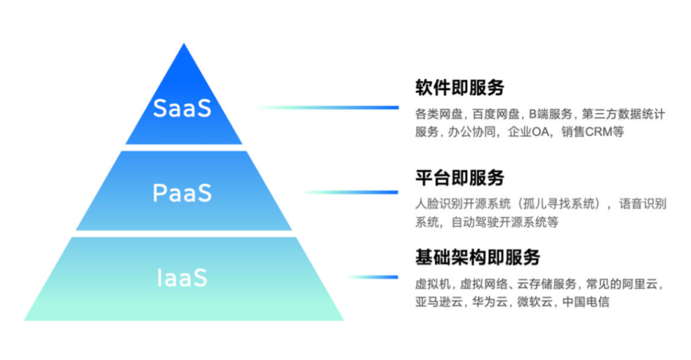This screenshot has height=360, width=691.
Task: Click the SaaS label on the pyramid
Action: point(182,108)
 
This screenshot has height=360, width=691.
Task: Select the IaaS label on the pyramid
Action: point(182,278)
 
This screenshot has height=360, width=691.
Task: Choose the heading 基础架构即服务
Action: point(477,258)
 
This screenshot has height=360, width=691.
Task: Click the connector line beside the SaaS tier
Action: point(326,107)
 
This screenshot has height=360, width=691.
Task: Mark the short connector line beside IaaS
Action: point(374,277)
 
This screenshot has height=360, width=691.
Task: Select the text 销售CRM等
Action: point(592,132)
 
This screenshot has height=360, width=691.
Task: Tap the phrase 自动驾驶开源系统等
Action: point(505,222)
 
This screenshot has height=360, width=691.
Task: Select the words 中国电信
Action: point(586,302)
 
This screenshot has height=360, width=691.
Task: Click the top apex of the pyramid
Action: point(184,46)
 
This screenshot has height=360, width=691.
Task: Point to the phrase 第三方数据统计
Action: point(624,115)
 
